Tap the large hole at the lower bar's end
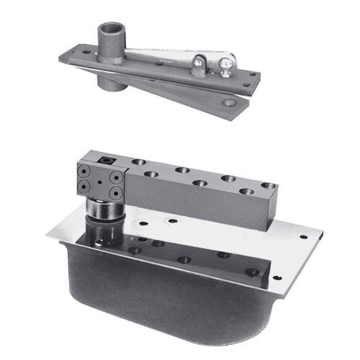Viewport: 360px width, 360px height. click(x=229, y=104)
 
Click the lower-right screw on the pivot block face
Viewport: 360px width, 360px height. click(x=114, y=192)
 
